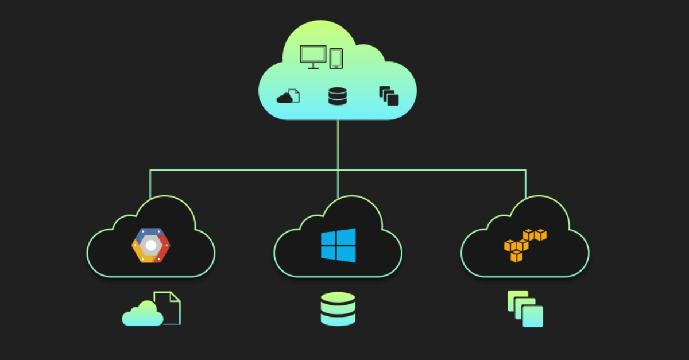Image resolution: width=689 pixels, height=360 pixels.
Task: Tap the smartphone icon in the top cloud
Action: (x=336, y=59)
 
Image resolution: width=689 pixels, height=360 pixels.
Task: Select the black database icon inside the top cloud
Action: (x=338, y=96)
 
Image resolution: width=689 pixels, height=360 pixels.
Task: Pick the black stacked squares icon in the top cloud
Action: (x=389, y=96)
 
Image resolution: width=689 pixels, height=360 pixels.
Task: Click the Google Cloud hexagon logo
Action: (x=151, y=245)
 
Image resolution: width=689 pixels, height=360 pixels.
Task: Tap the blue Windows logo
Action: (x=338, y=245)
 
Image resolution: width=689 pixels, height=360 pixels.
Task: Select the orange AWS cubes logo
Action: (x=524, y=245)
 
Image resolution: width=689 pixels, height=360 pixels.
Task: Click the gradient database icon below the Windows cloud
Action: (x=338, y=309)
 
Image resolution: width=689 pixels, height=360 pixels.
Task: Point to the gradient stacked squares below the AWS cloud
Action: (x=525, y=308)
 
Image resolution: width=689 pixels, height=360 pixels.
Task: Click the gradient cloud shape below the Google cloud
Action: (x=142, y=315)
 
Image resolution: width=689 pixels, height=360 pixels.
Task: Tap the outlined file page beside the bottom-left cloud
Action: (x=171, y=308)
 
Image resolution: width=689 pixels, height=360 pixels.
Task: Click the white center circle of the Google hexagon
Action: (x=151, y=245)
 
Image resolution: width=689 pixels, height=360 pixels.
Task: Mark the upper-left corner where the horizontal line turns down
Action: (x=150, y=170)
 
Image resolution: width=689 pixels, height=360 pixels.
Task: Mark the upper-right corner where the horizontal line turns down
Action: (x=525, y=170)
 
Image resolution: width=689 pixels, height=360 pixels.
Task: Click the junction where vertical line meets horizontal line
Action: (x=338, y=170)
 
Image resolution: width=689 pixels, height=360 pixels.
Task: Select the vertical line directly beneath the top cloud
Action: (x=338, y=144)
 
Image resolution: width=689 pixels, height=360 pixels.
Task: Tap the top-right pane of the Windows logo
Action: (x=346, y=237)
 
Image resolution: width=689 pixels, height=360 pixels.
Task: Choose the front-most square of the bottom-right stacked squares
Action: (x=533, y=316)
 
